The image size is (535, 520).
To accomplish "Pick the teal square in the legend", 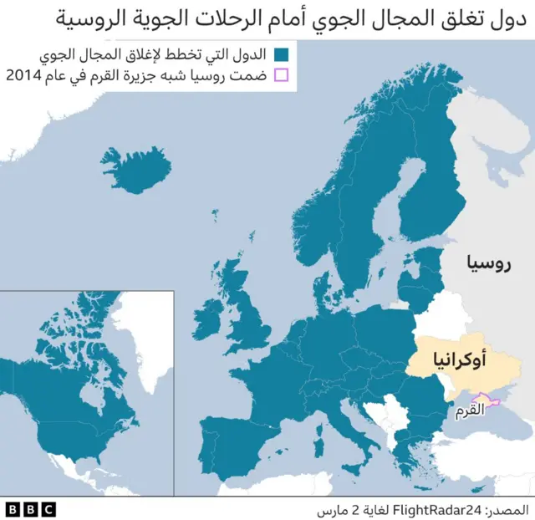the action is pos(281,54).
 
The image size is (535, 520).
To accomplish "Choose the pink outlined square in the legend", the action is pos(281,76).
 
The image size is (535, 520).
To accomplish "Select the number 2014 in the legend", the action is pos(25,76).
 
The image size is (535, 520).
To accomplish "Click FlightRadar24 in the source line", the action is pos(422,508).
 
